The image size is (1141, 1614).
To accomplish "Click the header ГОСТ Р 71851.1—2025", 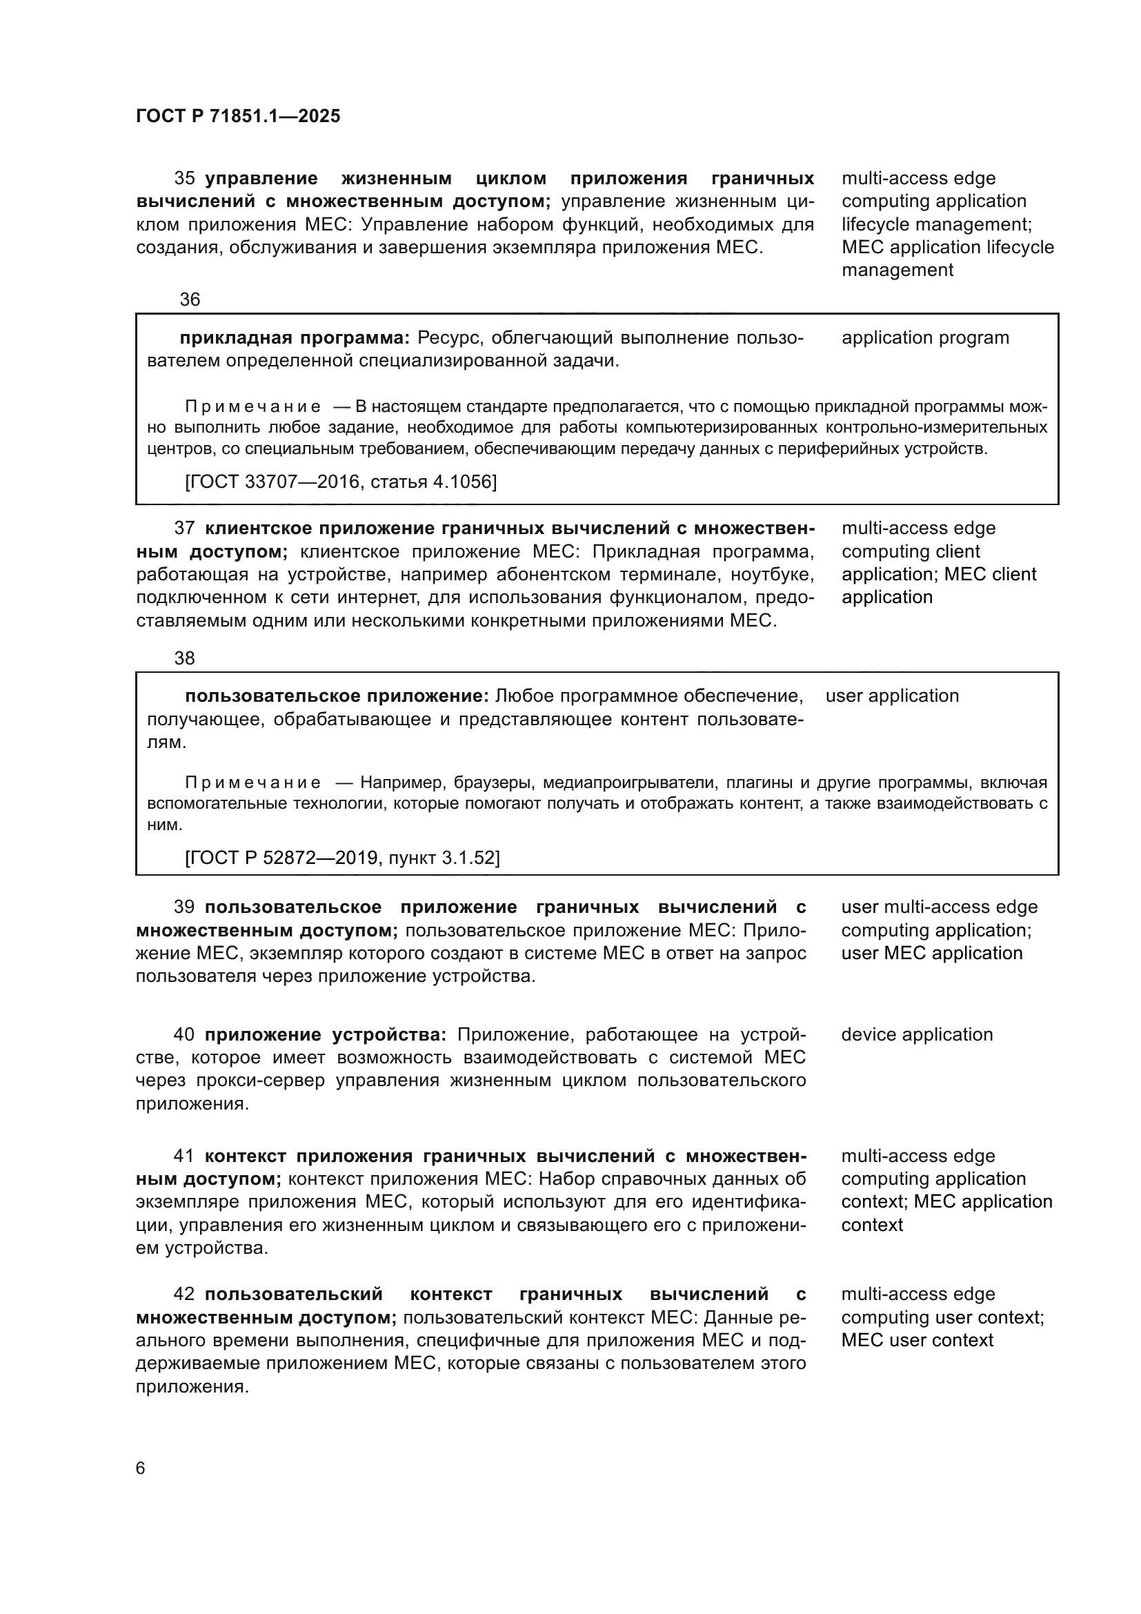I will coord(237,117).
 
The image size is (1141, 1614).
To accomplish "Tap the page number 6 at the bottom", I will coord(140,1468).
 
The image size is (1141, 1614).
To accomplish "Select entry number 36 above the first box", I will coord(190,299).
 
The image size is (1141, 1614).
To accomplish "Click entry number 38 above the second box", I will coord(184,658).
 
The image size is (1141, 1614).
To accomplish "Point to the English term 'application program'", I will coord(924,337).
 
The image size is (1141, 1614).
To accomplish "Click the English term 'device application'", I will coord(916,1035).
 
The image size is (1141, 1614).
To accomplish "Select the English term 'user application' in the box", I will coord(891,696).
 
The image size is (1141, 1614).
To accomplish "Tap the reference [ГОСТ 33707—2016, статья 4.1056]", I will coord(341,482).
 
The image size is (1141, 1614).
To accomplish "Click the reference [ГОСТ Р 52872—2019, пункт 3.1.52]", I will coord(342,858).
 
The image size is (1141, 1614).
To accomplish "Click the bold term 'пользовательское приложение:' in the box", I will coord(337,696).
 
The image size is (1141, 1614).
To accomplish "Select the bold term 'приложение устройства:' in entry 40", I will coord(326,1035).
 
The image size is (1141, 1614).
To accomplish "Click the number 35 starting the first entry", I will coord(184,178).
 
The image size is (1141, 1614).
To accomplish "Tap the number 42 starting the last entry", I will coord(184,1294).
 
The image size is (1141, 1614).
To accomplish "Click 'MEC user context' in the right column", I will coord(916,1340).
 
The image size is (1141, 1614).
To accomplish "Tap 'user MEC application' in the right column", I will coord(931,953).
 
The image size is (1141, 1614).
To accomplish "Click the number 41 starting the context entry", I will coord(184,1157).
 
